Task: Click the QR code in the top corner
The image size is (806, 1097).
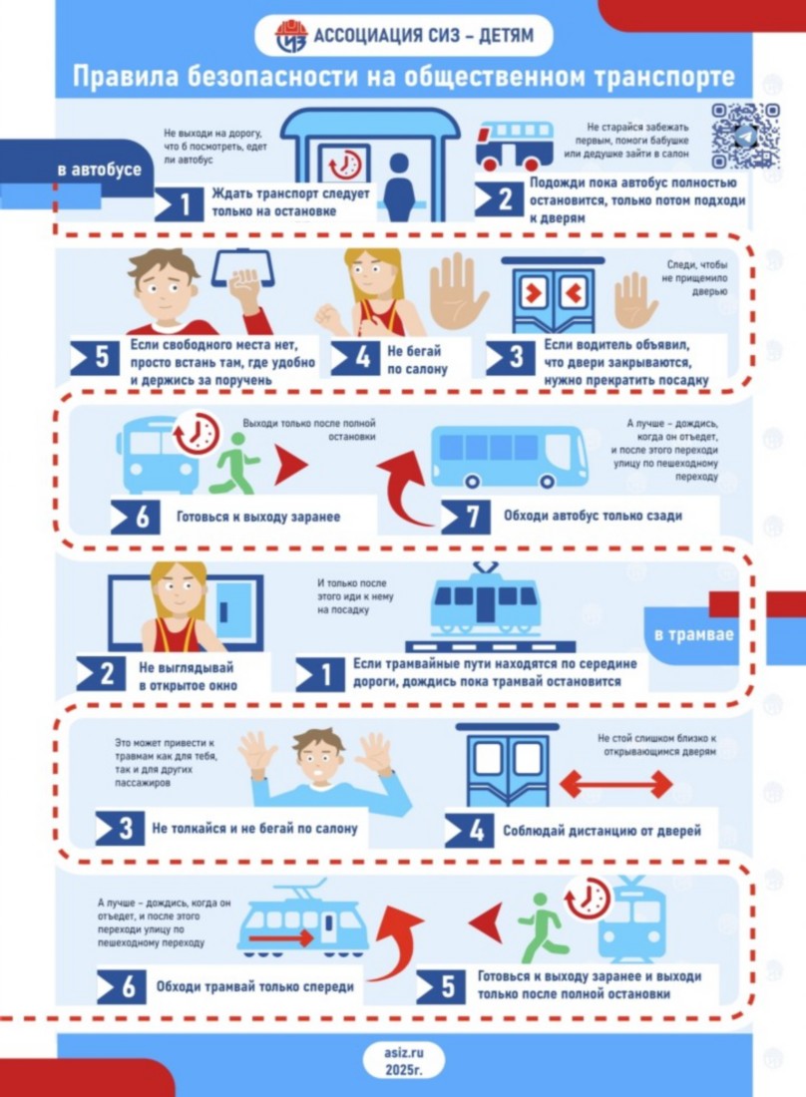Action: point(746,137)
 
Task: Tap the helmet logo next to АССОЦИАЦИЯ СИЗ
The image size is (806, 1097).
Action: point(290,36)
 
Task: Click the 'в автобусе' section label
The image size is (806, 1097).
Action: point(99,170)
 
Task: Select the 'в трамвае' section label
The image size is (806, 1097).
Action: point(693,634)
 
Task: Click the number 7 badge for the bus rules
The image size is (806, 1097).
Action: point(466,517)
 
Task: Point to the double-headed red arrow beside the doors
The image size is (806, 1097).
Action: point(615,784)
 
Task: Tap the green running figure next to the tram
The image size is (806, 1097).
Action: point(540,927)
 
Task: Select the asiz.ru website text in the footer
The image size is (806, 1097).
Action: point(404,1052)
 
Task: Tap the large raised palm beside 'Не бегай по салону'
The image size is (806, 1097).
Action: point(457,290)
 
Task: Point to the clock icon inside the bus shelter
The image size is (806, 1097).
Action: point(345,166)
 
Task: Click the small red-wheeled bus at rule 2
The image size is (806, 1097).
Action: point(515,146)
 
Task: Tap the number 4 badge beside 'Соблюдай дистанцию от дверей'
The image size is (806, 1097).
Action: point(469,831)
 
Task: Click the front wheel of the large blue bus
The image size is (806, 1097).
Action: point(473,481)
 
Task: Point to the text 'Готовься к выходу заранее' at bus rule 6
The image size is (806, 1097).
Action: point(258,517)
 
